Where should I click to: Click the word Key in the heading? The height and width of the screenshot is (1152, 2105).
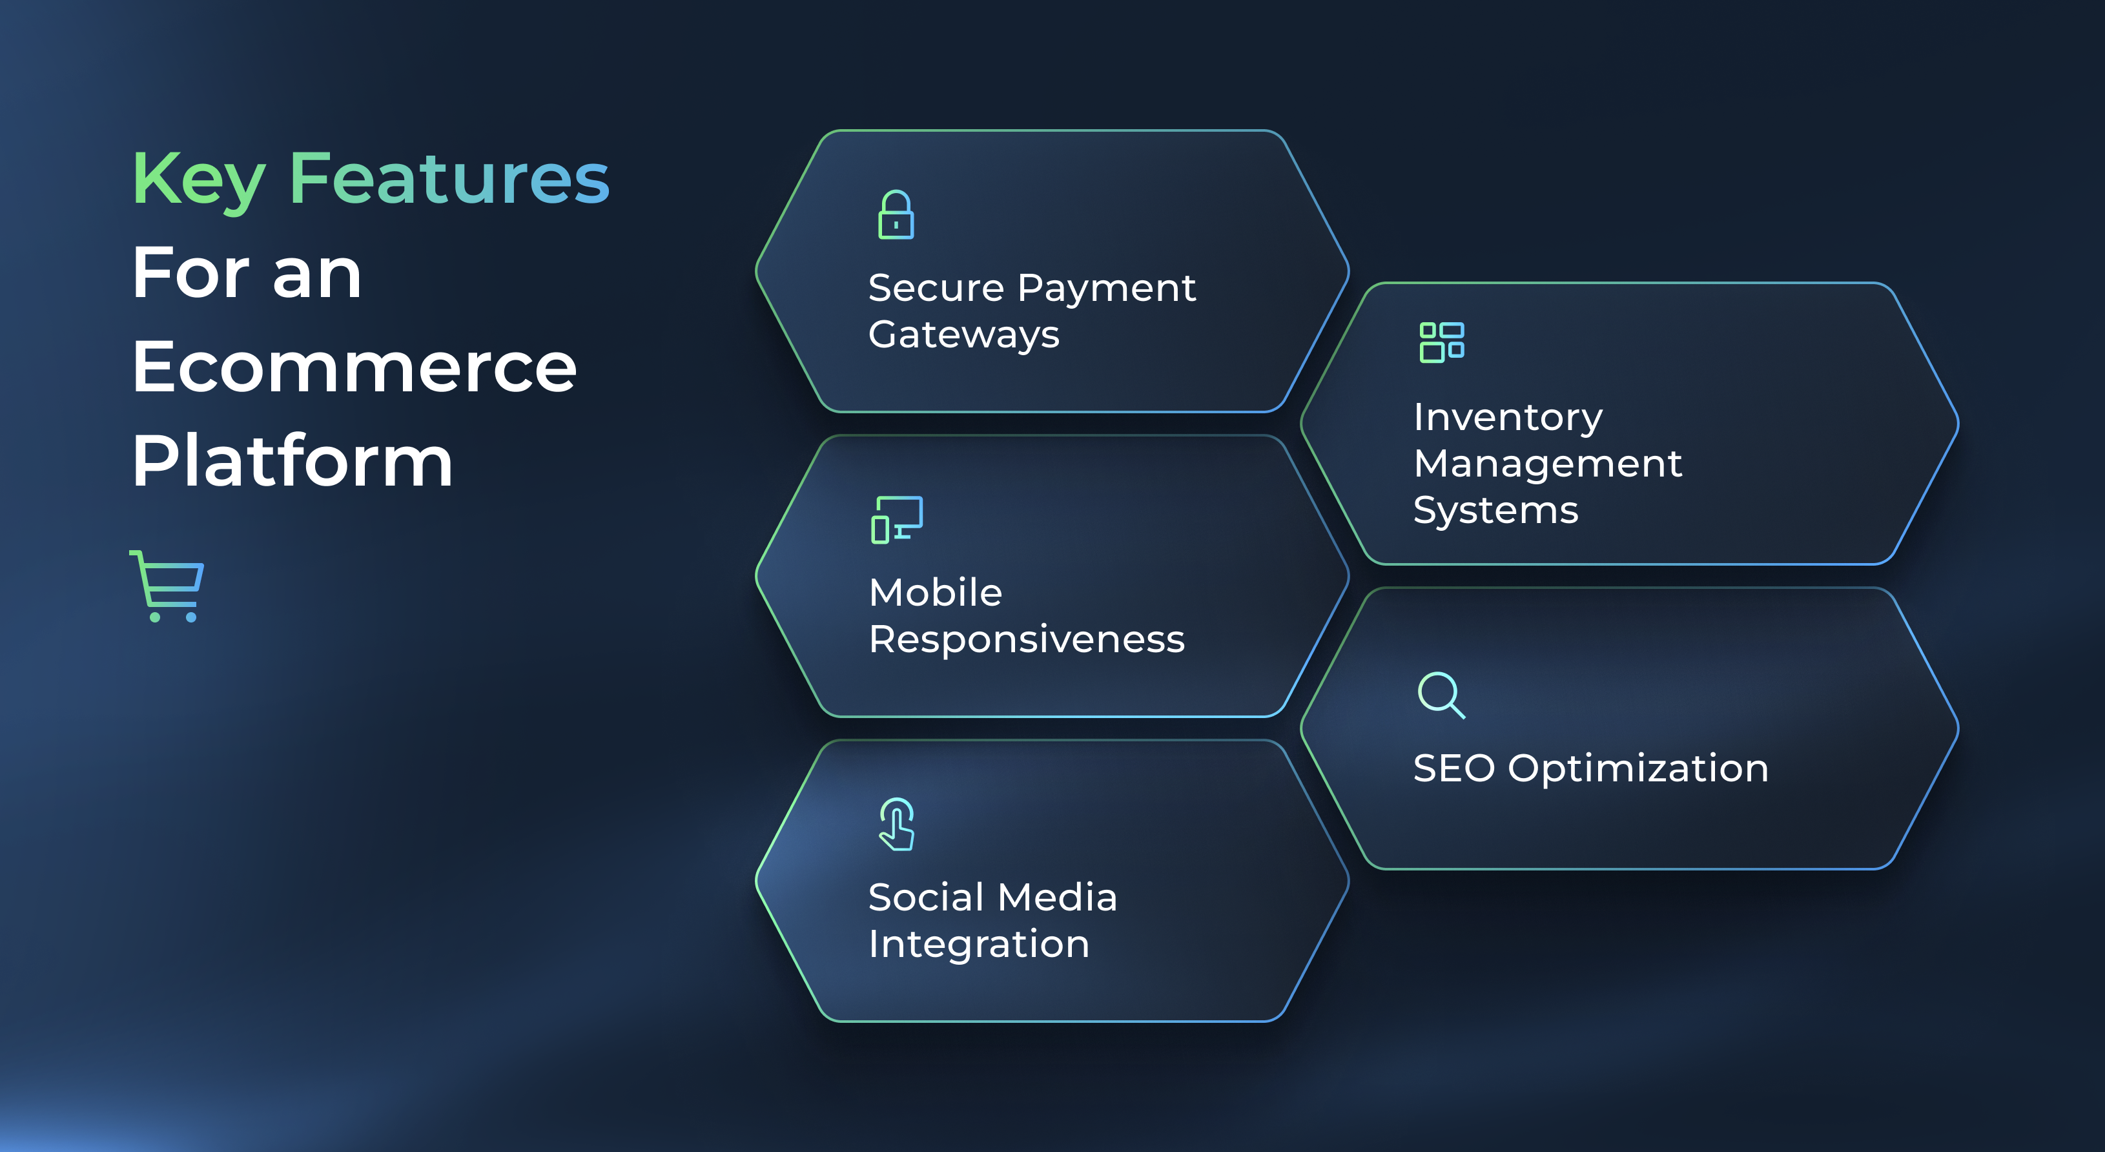click(x=199, y=181)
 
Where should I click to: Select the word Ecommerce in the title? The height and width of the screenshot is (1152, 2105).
click(x=354, y=367)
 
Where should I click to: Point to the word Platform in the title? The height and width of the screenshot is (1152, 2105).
click(x=292, y=462)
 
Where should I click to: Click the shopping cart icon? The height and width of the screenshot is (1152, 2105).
click(x=167, y=586)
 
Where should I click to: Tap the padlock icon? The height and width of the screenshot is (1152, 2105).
click(x=896, y=215)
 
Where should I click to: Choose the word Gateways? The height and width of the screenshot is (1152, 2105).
click(x=963, y=335)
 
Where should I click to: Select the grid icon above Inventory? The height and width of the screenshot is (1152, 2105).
click(x=1441, y=342)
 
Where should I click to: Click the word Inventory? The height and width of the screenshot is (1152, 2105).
click(x=1508, y=418)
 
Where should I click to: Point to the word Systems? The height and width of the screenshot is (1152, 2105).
click(x=1495, y=511)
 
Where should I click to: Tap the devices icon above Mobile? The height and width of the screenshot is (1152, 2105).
click(x=896, y=520)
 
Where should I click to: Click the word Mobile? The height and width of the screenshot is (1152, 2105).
click(x=935, y=592)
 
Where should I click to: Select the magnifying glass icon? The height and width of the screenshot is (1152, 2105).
click(x=1441, y=695)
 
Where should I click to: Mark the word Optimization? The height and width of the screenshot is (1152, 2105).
click(x=1638, y=770)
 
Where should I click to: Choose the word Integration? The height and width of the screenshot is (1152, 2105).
click(x=978, y=945)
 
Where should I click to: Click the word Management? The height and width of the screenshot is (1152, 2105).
click(x=1548, y=464)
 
